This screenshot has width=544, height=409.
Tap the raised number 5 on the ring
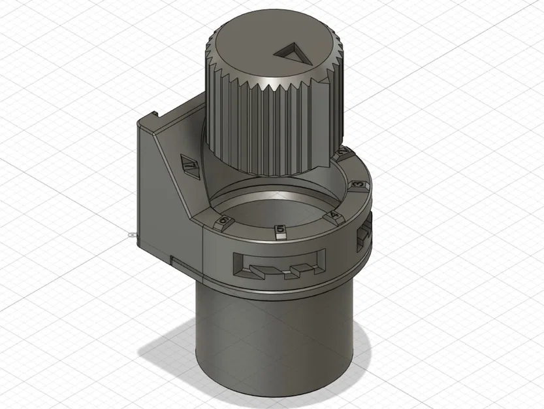(280, 230)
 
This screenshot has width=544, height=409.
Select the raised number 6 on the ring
(224, 221)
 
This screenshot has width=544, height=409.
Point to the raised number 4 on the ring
(334, 215)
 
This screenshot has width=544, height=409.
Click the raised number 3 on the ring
(357, 186)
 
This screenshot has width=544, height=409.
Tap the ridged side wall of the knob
(261, 131)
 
